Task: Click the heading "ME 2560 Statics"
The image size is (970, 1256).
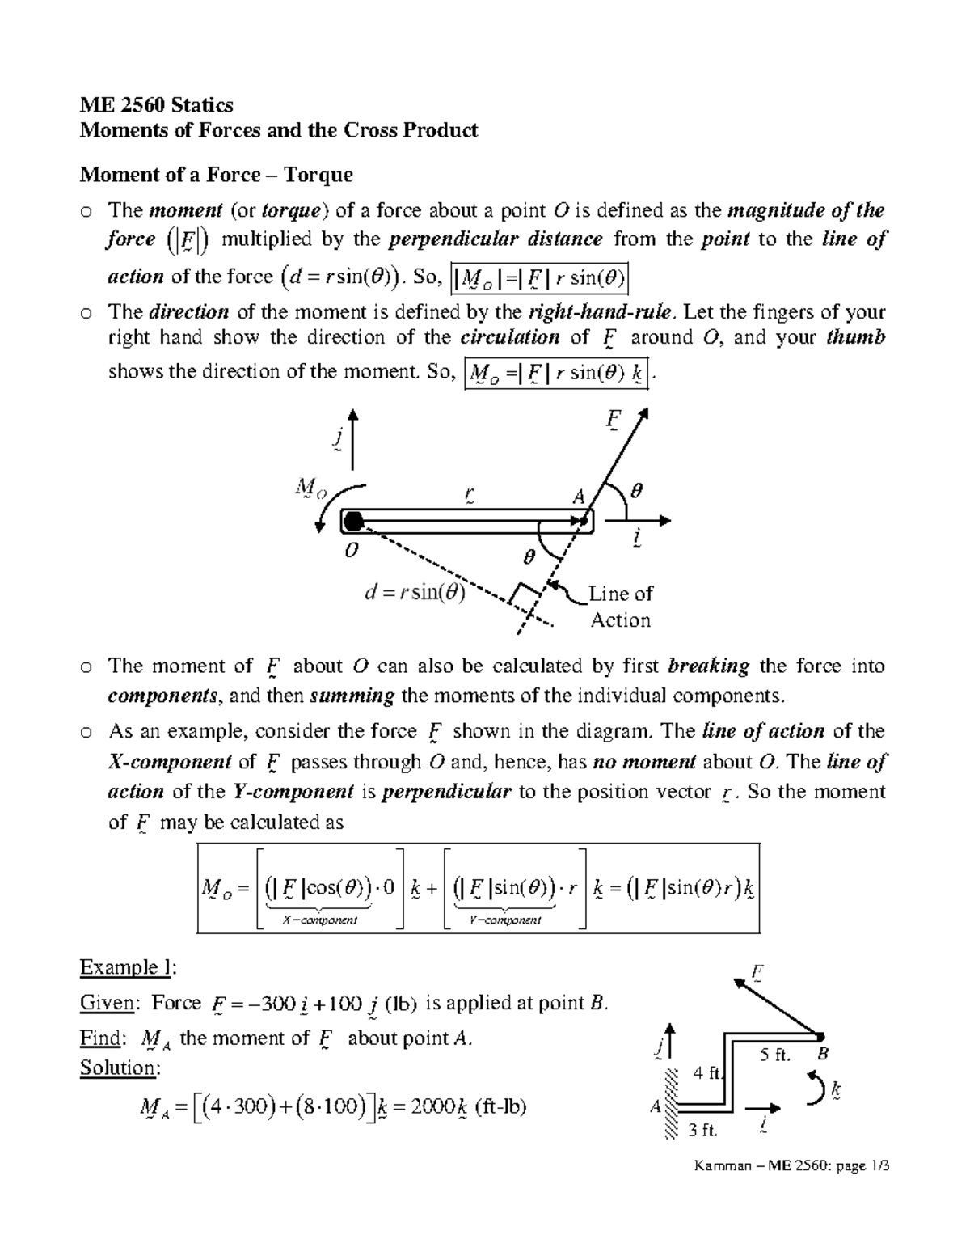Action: point(156,105)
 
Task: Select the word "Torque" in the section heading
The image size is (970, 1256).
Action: point(319,175)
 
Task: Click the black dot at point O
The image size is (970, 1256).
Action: point(352,522)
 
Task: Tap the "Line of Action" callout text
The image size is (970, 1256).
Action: point(620,607)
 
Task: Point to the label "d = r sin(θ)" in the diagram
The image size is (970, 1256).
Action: point(415,593)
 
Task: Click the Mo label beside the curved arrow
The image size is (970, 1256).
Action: point(310,488)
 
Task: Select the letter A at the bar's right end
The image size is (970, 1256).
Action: point(578,498)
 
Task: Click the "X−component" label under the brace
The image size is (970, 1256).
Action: point(320,920)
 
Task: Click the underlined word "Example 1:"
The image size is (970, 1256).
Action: point(128,967)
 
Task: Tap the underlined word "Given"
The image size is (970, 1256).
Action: point(106,1003)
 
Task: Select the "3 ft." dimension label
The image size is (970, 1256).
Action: point(702,1130)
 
